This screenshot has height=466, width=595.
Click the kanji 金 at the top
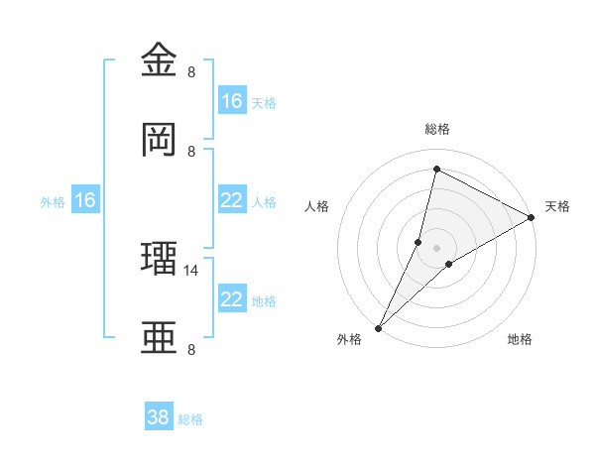tap(162, 61)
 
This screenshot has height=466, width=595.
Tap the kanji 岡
tap(162, 140)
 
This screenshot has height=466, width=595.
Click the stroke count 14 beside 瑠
tap(192, 270)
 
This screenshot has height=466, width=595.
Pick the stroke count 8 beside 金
tap(191, 71)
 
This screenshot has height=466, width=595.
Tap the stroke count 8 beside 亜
tap(191, 349)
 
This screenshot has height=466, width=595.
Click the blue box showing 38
tap(159, 417)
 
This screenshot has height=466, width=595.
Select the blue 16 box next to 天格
tap(232, 101)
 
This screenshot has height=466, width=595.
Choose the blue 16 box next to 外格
tap(85, 200)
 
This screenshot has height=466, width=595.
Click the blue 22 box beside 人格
tap(232, 200)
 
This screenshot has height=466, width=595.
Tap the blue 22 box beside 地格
tap(232, 299)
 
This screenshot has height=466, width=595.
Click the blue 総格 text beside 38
tap(190, 419)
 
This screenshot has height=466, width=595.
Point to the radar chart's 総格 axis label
tap(436, 129)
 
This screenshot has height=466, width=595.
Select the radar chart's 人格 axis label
tap(317, 206)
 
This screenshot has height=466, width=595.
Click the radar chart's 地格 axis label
tap(520, 339)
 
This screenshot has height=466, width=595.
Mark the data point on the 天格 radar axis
tap(531, 218)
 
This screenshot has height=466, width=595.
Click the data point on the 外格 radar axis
tap(378, 328)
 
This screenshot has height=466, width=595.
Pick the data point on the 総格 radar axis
tap(436, 169)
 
